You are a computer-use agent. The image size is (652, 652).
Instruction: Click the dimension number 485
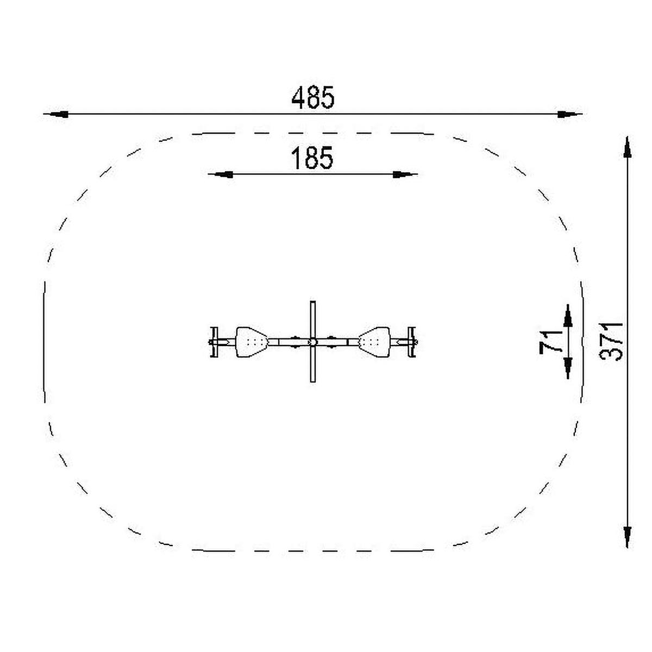(x=312, y=97)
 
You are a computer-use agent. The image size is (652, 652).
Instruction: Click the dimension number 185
(x=312, y=158)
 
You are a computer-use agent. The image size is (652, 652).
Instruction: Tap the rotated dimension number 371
(x=611, y=342)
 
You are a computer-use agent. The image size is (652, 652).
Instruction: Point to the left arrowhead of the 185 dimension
(x=220, y=174)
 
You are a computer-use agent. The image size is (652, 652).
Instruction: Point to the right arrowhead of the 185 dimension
(x=405, y=174)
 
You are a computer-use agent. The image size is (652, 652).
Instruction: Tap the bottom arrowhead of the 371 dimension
(x=628, y=537)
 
